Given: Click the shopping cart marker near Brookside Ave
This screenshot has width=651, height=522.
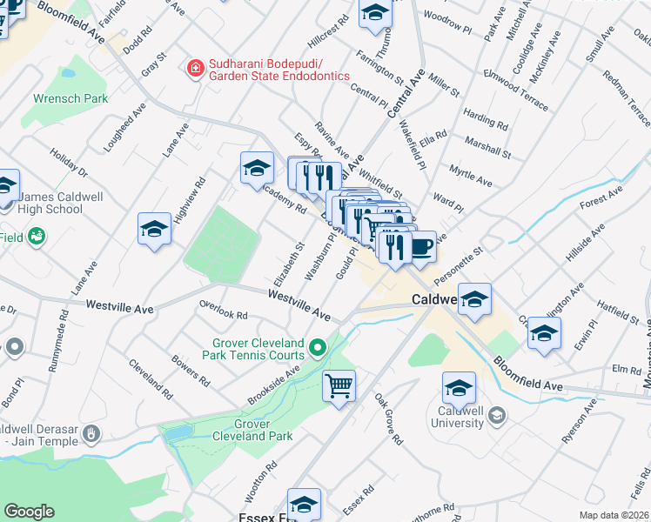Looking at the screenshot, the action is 339,384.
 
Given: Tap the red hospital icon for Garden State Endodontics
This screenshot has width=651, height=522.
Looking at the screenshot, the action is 196,67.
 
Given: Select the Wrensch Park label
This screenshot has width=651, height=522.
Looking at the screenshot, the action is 70,98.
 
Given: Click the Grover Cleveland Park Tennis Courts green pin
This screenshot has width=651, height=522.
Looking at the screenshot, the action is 319,349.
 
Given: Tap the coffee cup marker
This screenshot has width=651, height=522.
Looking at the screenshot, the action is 421,246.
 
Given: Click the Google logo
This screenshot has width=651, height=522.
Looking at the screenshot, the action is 29,512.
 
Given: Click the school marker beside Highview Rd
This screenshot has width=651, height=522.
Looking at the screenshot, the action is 154,229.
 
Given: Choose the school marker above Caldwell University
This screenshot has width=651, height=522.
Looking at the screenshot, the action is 459,387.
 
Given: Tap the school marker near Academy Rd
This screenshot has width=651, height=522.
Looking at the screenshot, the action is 257,167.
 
